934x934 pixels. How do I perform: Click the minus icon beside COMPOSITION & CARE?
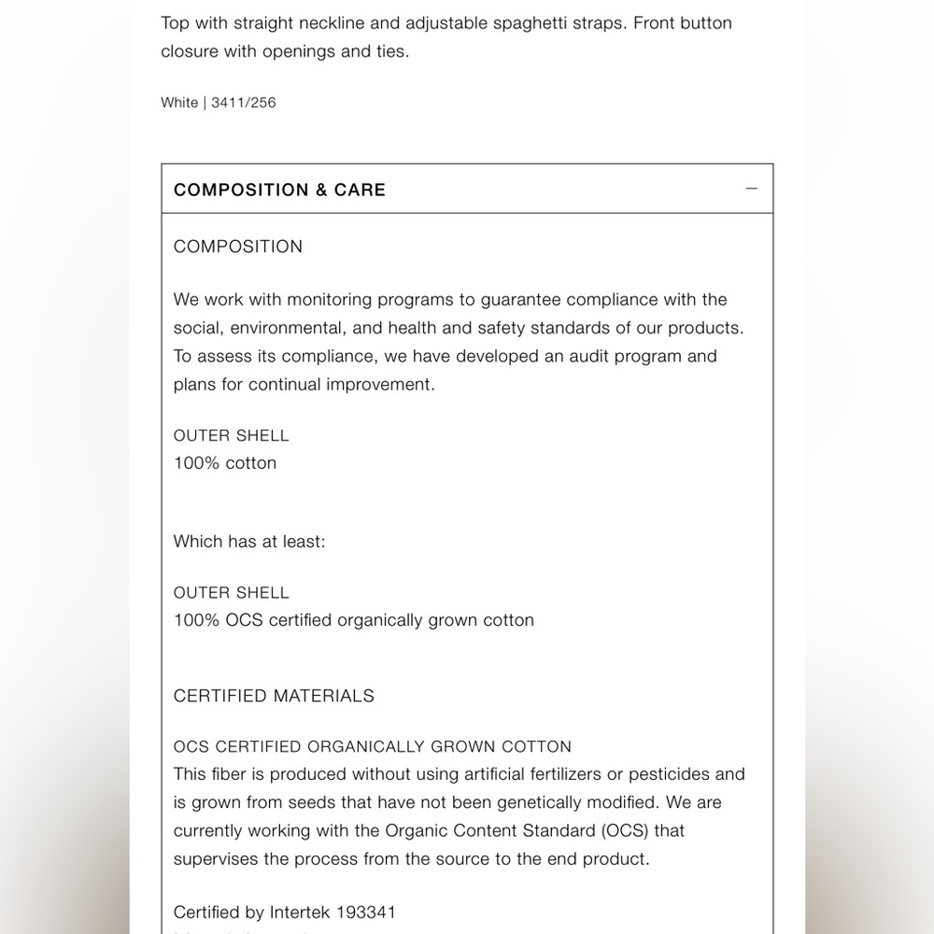coord(752,189)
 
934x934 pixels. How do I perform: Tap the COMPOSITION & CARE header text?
coord(279,190)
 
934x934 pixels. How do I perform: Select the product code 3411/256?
coord(244,103)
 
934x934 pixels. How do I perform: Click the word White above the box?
coord(179,103)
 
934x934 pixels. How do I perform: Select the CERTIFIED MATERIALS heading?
coord(274,696)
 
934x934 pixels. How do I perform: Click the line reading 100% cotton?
coord(225,463)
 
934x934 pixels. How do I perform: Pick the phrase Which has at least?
coord(249,542)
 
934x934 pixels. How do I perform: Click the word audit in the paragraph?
coord(576,356)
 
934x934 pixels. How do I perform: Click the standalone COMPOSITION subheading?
coord(238,247)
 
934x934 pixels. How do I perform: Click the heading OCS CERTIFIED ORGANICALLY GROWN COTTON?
coord(372,747)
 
